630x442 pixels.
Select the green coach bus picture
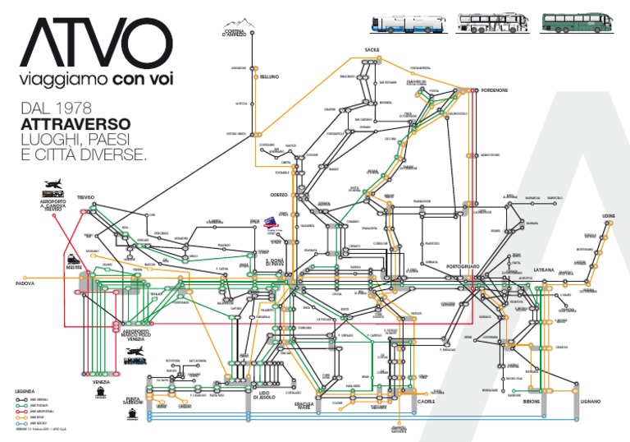(x=572, y=23)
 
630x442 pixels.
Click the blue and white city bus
(x=409, y=23)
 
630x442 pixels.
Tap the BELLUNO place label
(x=270, y=76)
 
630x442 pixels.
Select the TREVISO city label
(x=86, y=198)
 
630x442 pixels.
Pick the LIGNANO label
(x=591, y=401)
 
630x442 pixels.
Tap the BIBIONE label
(x=531, y=401)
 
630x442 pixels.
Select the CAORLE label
(x=426, y=402)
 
